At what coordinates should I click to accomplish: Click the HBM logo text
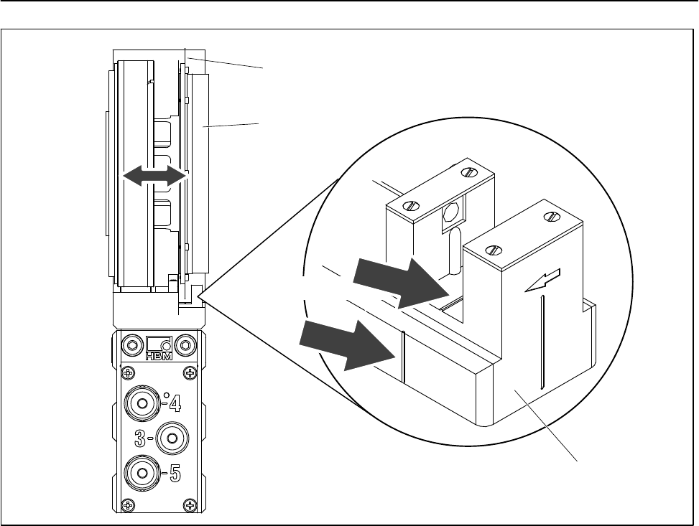158,356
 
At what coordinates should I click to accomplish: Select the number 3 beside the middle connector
142,437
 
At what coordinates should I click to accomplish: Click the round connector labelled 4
142,404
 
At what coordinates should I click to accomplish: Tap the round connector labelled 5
142,473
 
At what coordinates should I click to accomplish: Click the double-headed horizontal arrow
154,176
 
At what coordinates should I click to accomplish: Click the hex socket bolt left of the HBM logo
131,344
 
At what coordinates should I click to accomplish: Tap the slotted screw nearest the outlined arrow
552,216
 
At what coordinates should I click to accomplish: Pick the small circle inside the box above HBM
166,345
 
